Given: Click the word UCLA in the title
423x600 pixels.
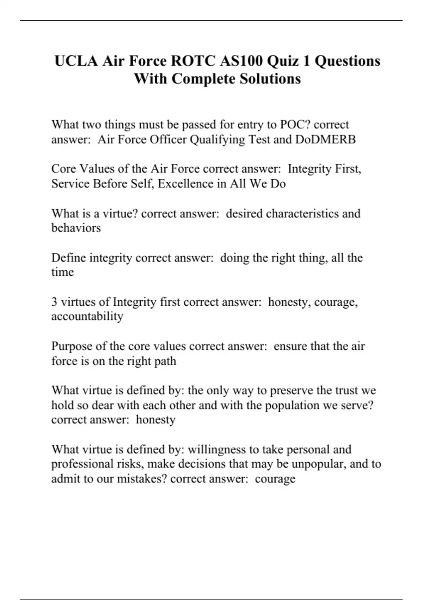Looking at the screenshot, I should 76,61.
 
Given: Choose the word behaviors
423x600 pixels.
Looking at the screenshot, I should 76,228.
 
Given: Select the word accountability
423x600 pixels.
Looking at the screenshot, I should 87,316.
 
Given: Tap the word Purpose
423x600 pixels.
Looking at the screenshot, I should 72,346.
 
